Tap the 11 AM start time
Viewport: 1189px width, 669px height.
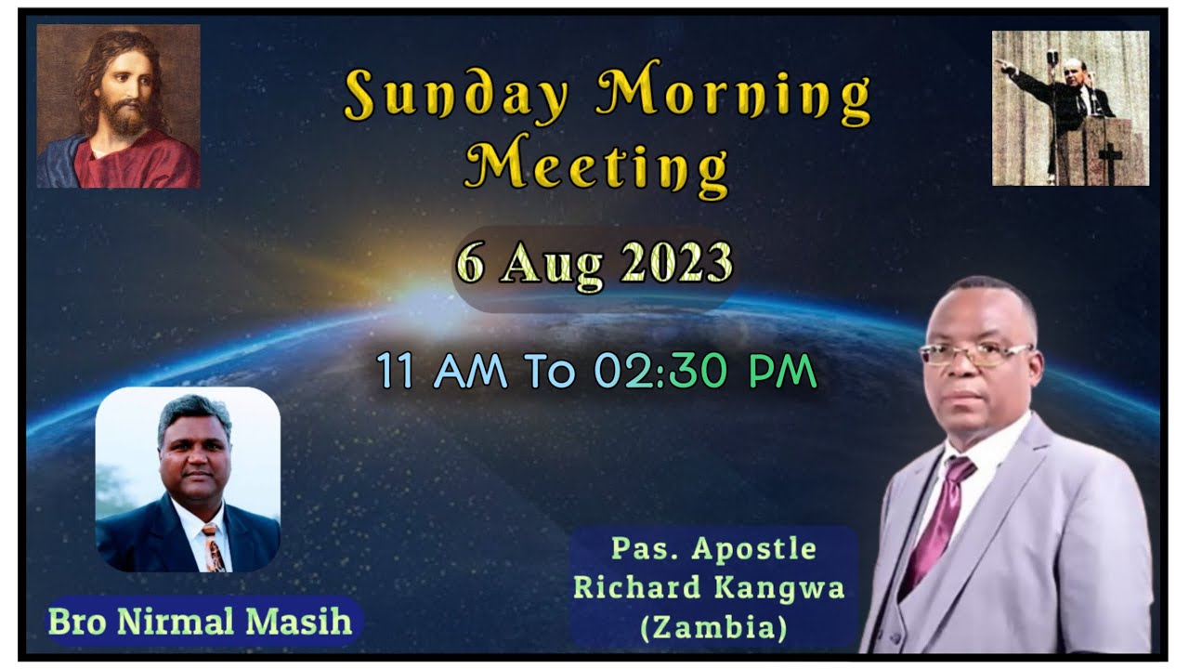pyautogui.click(x=442, y=372)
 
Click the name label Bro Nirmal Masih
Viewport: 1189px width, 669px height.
pyautogui.click(x=200, y=622)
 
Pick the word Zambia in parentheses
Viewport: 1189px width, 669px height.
pyautogui.click(x=713, y=628)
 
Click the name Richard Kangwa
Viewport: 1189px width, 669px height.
pyautogui.click(x=710, y=589)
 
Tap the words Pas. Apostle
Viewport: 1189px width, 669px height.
pyautogui.click(x=713, y=549)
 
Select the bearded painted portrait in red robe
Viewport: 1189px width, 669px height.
pyautogui.click(x=118, y=106)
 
